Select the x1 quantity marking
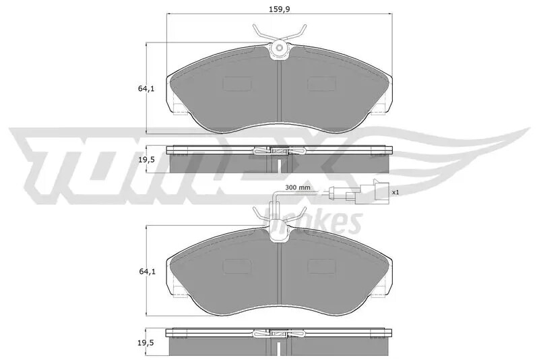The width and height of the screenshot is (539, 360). point(395,192)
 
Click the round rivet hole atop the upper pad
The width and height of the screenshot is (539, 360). point(279,49)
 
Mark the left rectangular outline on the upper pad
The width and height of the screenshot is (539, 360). point(235,83)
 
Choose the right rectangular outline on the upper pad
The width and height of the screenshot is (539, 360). point(322,83)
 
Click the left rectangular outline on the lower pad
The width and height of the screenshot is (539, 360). point(235,266)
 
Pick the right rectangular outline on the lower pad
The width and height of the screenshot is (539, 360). point(322,266)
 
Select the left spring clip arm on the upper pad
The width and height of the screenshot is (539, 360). point(262,32)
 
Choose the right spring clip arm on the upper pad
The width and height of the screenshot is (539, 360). point(296,32)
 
